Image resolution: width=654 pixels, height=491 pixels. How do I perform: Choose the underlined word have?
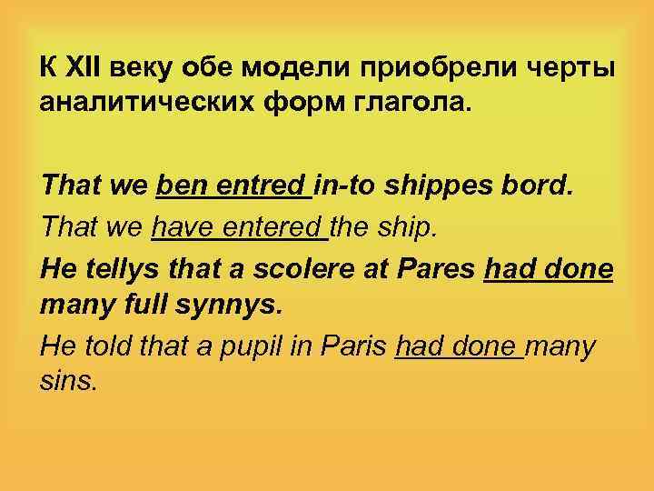pyautogui.click(x=182, y=227)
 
